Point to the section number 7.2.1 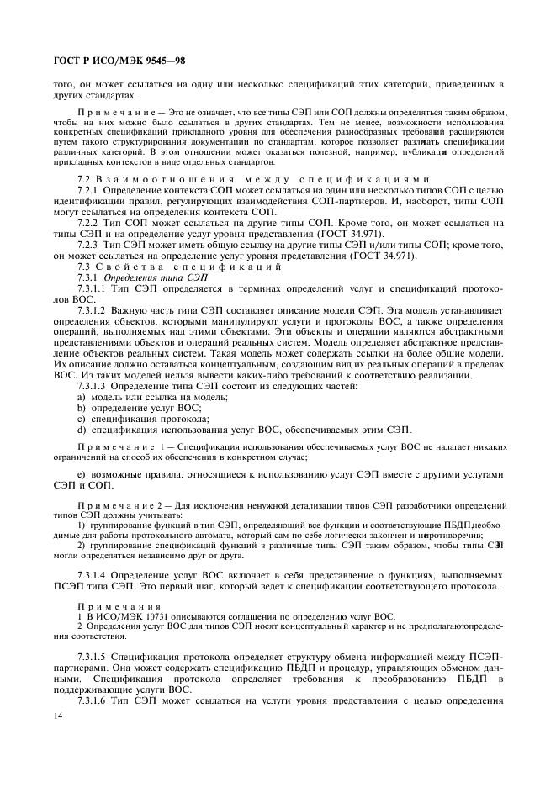pyautogui.click(x=88, y=192)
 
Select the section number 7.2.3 pyautogui.click(x=88, y=244)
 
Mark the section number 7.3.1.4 pyautogui.click(x=92, y=573)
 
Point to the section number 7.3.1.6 pyautogui.click(x=92, y=700)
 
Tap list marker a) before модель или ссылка pyautogui.click(x=82, y=396)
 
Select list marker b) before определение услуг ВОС pyautogui.click(x=82, y=407)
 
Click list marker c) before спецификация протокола pyautogui.click(x=82, y=418)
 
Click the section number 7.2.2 pyautogui.click(x=88, y=222)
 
